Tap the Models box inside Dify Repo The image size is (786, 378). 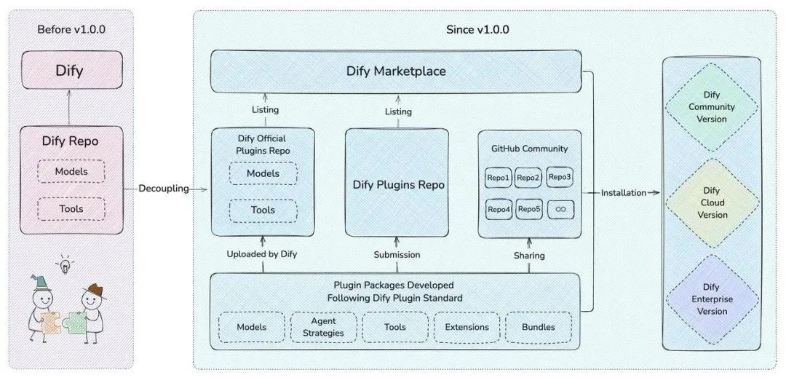coord(71,171)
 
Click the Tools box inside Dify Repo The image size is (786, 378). coord(71,209)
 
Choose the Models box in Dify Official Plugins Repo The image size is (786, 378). coord(263,173)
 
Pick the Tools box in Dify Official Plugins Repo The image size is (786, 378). coord(263,210)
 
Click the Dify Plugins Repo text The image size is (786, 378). coord(398,185)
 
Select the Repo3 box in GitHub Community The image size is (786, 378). coord(560,177)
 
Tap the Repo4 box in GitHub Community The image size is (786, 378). coord(499,210)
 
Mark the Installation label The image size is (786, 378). coord(623,193)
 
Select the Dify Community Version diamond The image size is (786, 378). coord(712,106)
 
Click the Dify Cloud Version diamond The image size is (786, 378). coord(712,202)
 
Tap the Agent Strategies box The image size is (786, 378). coord(323,327)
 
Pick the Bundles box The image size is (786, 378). coord(538,327)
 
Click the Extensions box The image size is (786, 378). coord(467,327)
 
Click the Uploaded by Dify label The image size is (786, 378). coord(263,255)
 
